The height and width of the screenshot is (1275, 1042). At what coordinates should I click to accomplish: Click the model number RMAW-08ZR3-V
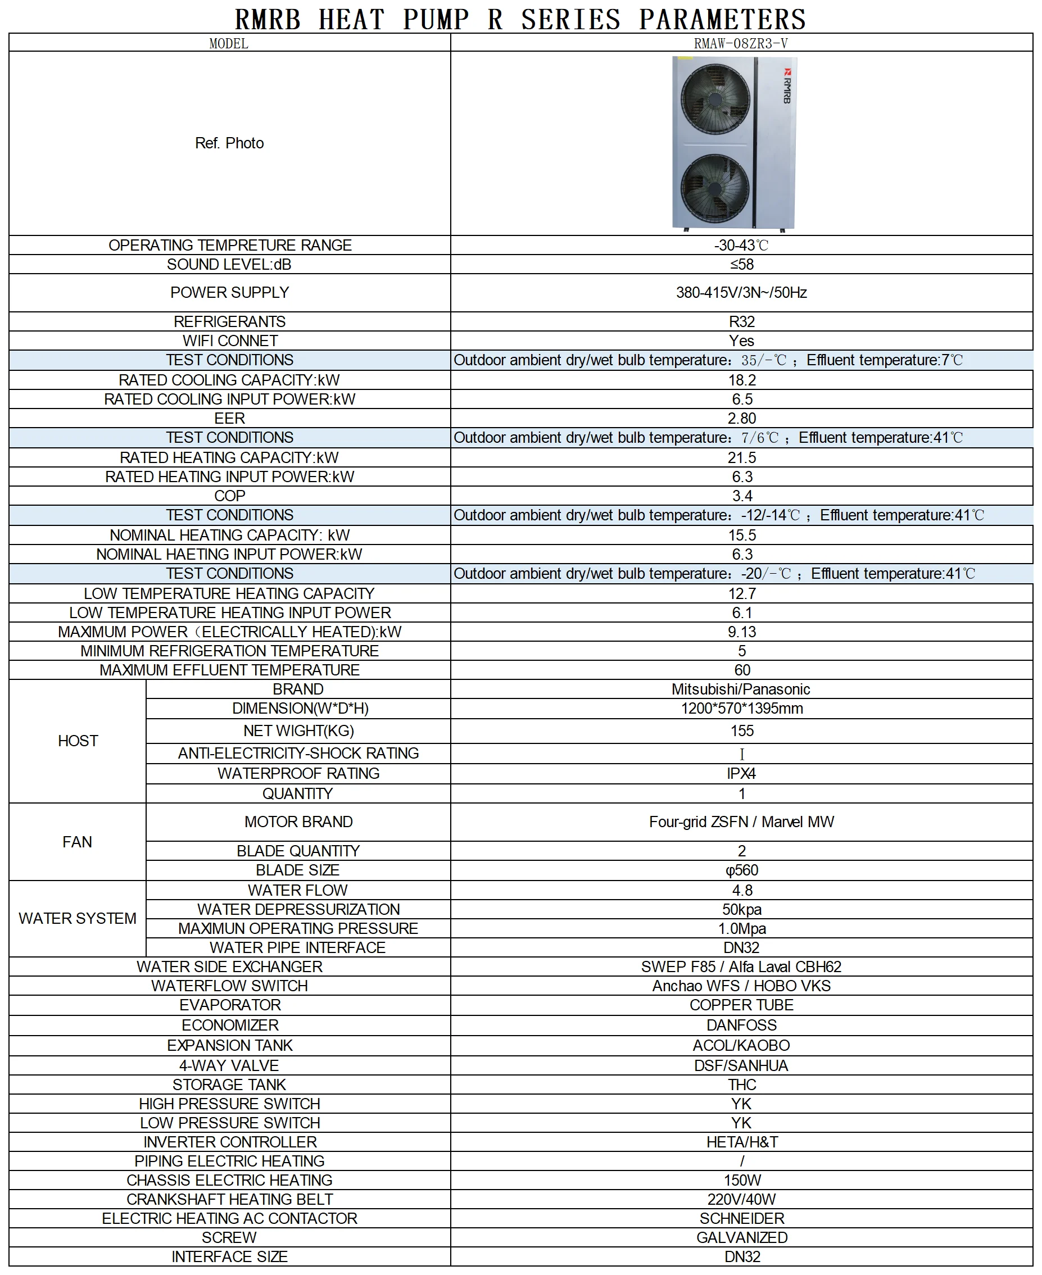point(741,43)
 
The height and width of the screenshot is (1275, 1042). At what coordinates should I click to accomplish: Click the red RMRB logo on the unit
point(787,86)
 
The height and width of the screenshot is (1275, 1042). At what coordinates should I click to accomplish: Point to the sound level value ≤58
point(742,265)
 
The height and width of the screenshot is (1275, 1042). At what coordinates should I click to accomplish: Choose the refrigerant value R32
point(742,321)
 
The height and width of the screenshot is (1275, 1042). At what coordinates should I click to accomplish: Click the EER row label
point(229,418)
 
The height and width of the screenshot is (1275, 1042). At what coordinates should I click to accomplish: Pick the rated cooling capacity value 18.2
point(742,380)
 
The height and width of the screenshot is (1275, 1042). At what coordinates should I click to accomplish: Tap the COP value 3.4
point(742,496)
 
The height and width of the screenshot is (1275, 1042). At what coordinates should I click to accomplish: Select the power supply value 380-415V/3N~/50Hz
point(741,293)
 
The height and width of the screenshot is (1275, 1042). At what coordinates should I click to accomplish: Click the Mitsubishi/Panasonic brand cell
point(741,689)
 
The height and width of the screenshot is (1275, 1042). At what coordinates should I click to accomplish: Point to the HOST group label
point(78,741)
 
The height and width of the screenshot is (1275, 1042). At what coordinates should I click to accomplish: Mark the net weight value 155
point(742,731)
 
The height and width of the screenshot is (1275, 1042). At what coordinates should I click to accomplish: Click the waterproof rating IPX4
point(741,773)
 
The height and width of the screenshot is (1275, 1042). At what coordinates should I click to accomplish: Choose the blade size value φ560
point(742,870)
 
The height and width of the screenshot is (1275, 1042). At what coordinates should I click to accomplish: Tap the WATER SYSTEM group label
point(78,919)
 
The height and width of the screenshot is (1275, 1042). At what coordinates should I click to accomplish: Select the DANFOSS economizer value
point(741,1025)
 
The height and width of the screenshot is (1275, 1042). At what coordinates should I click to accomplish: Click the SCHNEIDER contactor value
point(742,1218)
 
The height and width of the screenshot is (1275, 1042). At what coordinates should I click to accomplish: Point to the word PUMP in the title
point(436,19)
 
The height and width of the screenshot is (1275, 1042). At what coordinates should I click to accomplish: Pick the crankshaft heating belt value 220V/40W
point(741,1199)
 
